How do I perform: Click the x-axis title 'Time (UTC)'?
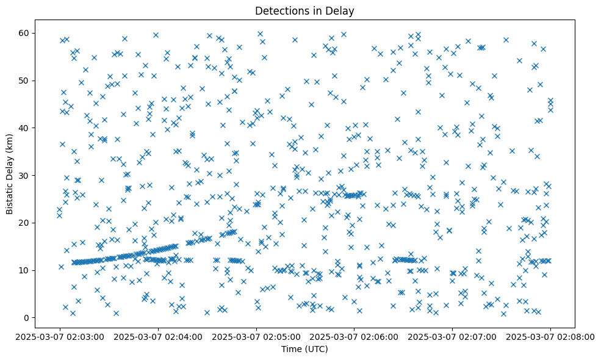pos(304,349)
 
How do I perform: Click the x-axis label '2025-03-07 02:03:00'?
pos(60,336)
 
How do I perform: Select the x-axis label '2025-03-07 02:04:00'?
pos(158,336)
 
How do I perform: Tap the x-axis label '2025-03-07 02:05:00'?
pos(256,336)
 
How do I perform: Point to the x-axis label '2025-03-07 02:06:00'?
pos(354,336)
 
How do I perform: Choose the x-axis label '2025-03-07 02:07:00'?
pos(453,336)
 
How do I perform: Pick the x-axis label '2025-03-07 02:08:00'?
pos(550,336)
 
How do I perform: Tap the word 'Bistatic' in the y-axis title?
pos(10,196)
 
